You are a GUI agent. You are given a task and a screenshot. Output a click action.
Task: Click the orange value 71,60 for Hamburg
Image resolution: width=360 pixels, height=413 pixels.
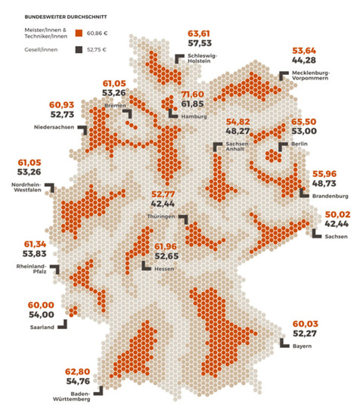(192, 93)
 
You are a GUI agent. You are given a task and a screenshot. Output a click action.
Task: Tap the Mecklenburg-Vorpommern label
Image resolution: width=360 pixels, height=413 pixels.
(312, 77)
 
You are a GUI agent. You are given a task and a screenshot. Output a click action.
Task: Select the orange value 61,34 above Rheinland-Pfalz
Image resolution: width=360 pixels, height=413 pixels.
(39, 244)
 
